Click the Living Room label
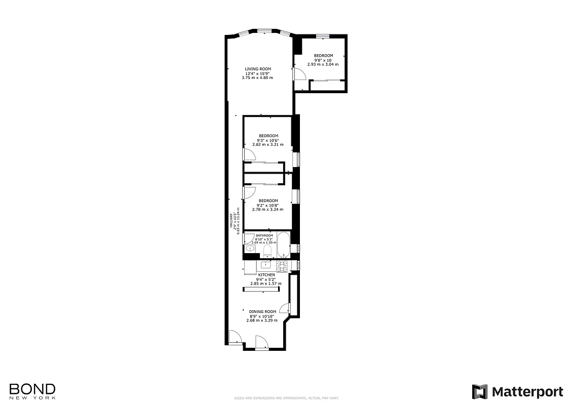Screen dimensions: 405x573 point(258,69)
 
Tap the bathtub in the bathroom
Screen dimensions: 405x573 point(283,246)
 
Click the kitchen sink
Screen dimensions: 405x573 point(265,264)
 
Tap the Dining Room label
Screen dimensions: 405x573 point(262,311)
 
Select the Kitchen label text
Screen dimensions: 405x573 point(266,275)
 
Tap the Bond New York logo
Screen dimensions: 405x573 point(32,391)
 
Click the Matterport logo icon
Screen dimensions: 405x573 point(479,392)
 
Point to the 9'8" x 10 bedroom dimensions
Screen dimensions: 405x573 point(323,60)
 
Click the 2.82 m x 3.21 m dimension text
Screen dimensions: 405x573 point(268,144)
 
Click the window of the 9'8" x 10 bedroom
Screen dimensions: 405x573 point(323,35)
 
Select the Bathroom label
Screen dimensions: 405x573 point(264,236)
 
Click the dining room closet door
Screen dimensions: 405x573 point(286,308)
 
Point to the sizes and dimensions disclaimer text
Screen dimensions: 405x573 point(286,398)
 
